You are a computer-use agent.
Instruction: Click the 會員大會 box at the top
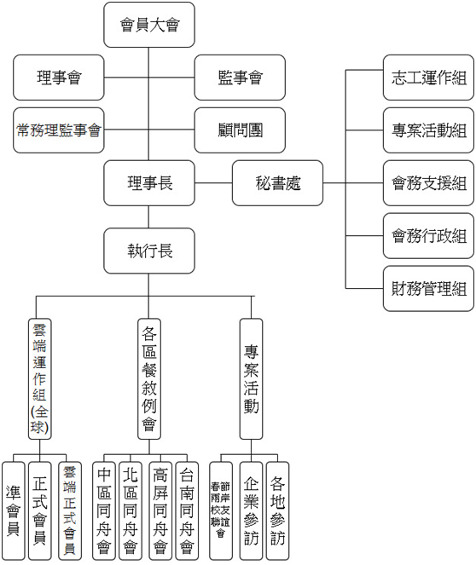tap(149, 25)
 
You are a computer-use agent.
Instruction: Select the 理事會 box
tap(59, 78)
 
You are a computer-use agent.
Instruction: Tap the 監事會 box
tap(240, 78)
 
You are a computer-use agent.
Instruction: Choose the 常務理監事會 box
tap(59, 130)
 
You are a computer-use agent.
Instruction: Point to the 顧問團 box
tap(240, 130)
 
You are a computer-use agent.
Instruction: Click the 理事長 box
tap(149, 183)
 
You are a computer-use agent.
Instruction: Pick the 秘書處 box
tap(278, 183)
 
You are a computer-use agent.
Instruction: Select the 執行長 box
tap(149, 251)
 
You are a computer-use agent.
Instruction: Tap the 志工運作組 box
tap(428, 78)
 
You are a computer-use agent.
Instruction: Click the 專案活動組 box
tap(428, 130)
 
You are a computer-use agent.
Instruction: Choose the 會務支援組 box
tap(428, 183)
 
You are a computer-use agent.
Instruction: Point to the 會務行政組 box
tap(428, 236)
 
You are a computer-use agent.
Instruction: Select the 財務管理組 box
tap(428, 289)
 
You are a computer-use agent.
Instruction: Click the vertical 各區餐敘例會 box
tap(149, 378)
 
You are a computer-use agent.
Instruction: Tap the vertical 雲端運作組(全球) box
tap(39, 378)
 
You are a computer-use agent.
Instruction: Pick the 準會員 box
tap(14, 510)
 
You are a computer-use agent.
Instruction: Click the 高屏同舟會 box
tap(160, 510)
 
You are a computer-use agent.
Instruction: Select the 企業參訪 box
tap(252, 510)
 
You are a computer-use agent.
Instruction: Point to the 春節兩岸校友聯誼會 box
tap(221, 510)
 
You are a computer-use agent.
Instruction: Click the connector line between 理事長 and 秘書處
tap(213, 183)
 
